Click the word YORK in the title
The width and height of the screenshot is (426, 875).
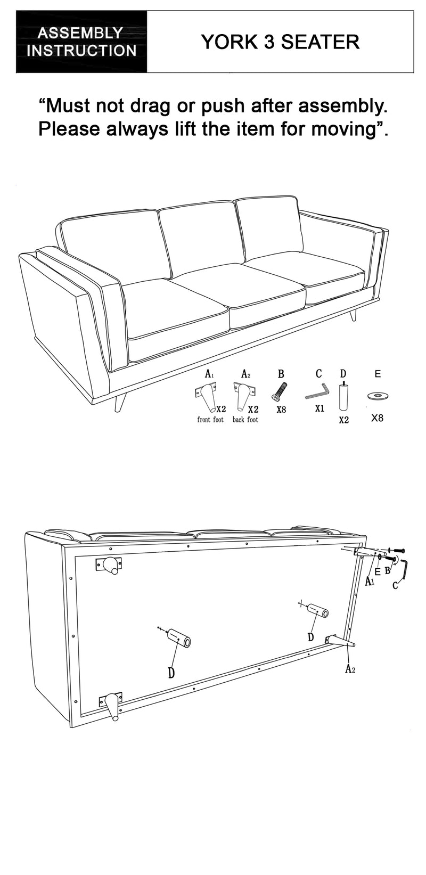[229, 42]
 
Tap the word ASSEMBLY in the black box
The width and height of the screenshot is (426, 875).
[80, 33]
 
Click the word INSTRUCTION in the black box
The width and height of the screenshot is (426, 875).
[81, 51]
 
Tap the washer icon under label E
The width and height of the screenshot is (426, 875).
[377, 396]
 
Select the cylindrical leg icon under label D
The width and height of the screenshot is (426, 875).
[343, 396]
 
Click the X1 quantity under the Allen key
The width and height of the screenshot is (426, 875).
[320, 408]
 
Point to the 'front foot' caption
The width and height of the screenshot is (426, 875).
[210, 420]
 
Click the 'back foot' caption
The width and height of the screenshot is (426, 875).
[245, 420]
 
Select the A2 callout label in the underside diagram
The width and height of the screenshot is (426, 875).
[350, 669]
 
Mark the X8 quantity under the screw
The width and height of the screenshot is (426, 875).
[281, 410]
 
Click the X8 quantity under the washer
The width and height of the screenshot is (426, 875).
[377, 418]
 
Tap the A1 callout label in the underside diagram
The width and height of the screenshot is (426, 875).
[370, 582]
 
